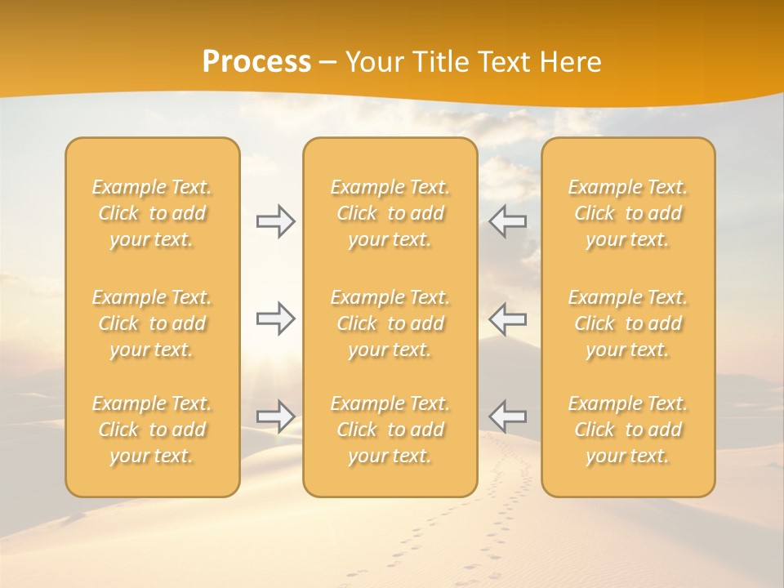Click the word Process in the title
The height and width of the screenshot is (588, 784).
[x=256, y=62]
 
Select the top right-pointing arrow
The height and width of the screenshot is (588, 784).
[x=276, y=221]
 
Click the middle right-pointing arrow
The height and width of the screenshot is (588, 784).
[x=276, y=318]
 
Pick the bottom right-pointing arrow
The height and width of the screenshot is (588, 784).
[x=276, y=416]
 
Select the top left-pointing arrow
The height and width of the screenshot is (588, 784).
[x=508, y=221]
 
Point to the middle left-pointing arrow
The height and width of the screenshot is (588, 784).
[x=508, y=318]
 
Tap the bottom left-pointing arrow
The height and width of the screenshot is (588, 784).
[x=508, y=416]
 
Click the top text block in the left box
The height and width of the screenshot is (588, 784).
[x=152, y=213]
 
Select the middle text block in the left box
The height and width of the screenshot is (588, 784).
[x=152, y=323]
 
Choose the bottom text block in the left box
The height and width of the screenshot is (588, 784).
[x=152, y=430]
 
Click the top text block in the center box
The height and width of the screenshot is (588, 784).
[x=390, y=213]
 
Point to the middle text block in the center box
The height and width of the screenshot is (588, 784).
[x=390, y=323]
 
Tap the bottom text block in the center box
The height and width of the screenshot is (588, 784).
[x=390, y=430]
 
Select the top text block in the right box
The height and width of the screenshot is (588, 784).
[x=628, y=213]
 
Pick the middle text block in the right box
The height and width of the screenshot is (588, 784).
[x=628, y=323]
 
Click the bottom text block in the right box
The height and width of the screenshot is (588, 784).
[x=628, y=430]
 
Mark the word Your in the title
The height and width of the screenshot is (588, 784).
[x=372, y=62]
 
